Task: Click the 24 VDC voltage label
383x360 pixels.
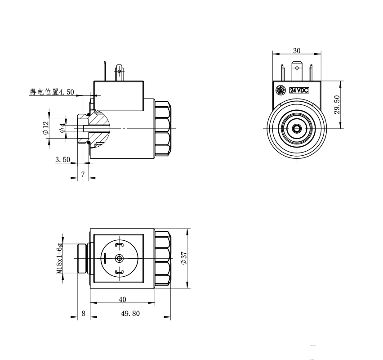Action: click(299, 90)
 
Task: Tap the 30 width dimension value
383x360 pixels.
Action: click(297, 50)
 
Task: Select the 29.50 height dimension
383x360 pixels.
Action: click(337, 105)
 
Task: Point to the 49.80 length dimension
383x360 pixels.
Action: click(130, 313)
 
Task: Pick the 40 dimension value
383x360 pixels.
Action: click(122, 299)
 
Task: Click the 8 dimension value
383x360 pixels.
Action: click(84, 313)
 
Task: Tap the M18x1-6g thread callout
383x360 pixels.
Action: click(60, 258)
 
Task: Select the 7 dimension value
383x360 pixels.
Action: click(83, 175)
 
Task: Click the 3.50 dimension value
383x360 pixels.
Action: click(63, 160)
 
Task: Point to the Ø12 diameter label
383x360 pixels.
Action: click(45, 128)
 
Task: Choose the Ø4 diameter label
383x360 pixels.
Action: click(63, 128)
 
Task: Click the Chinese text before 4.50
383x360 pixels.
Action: click(44, 92)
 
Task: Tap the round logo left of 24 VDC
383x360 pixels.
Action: click(281, 90)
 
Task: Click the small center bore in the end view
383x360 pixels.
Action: click(297, 128)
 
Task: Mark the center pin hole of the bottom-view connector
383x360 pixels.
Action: click(120, 258)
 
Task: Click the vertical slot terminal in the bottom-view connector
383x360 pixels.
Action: click(105, 258)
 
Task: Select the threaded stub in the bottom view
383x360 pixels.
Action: click(82, 258)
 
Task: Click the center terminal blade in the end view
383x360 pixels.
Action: click(297, 71)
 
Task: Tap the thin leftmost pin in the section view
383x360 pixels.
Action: click(105, 71)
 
